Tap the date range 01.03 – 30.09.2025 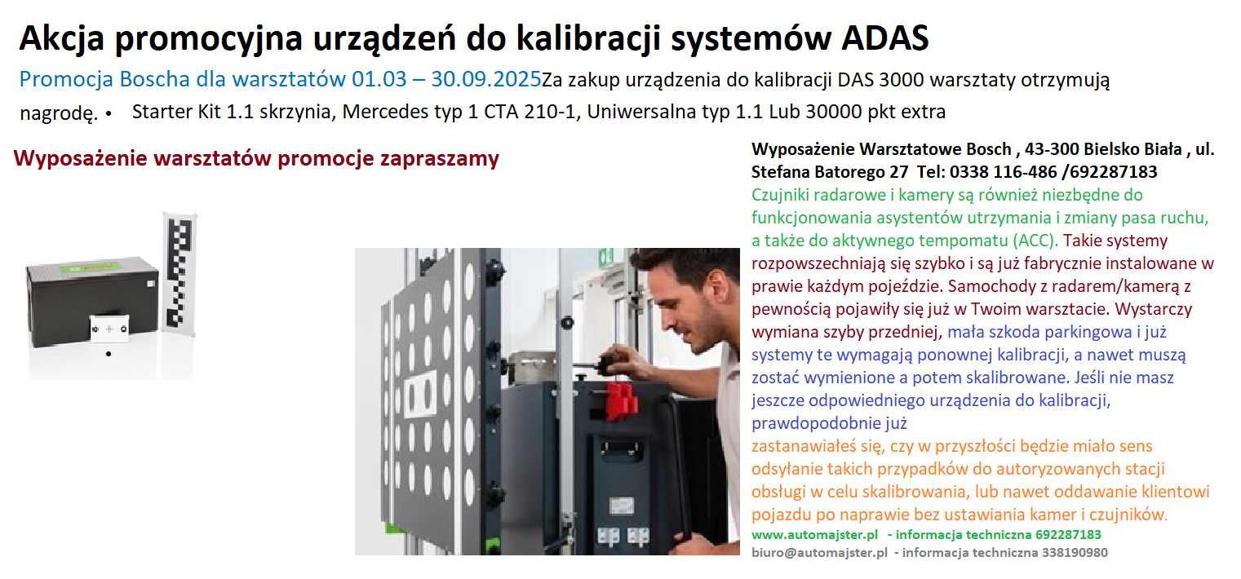[x=446, y=79]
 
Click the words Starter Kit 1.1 [x=193, y=112]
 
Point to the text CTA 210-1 [x=530, y=112]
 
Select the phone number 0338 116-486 [x=1004, y=172]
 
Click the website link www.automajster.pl [x=814, y=535]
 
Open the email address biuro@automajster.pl [x=819, y=552]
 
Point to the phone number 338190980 [x=1075, y=552]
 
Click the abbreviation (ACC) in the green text [x=1035, y=241]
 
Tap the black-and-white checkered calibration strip [x=179, y=274]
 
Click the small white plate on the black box [x=109, y=329]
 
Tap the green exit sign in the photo [x=606, y=256]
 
